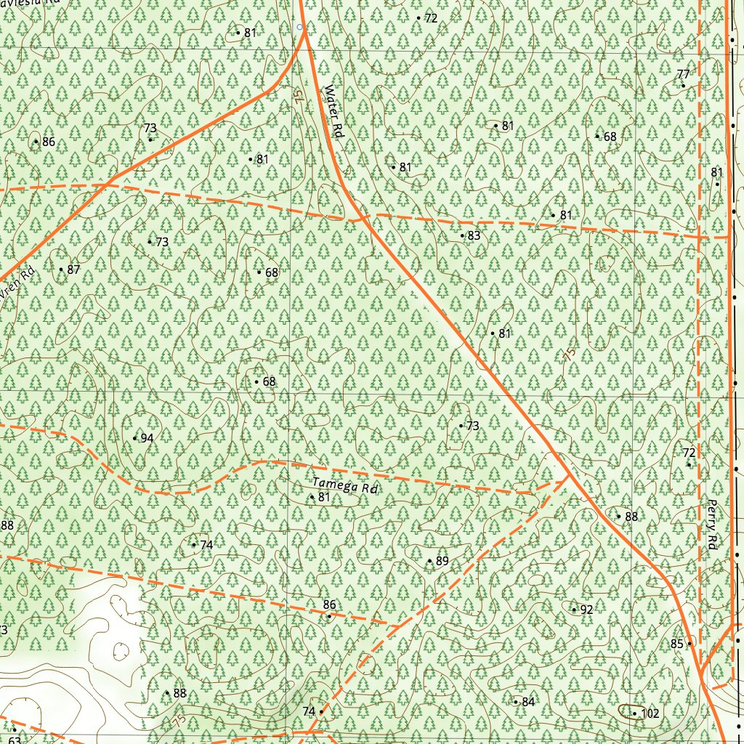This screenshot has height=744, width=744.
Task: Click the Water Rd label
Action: click(x=332, y=113)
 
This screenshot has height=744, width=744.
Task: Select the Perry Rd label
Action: click(x=712, y=524)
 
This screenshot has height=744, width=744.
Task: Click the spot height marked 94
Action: click(x=146, y=438)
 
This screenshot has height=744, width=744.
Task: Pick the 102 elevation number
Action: click(x=650, y=713)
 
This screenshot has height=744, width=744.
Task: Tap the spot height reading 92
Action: click(x=586, y=610)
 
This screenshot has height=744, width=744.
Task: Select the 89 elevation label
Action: click(x=442, y=561)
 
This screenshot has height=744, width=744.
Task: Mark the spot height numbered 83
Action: click(x=473, y=235)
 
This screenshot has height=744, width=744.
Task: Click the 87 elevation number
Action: click(x=72, y=270)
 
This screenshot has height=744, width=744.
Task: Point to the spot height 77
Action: click(x=683, y=75)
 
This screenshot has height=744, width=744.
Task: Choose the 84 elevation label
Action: click(x=527, y=702)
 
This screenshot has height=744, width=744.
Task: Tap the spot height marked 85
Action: click(x=677, y=644)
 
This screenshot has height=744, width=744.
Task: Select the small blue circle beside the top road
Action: click(x=299, y=27)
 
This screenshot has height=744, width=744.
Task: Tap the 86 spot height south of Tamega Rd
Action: click(x=329, y=605)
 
